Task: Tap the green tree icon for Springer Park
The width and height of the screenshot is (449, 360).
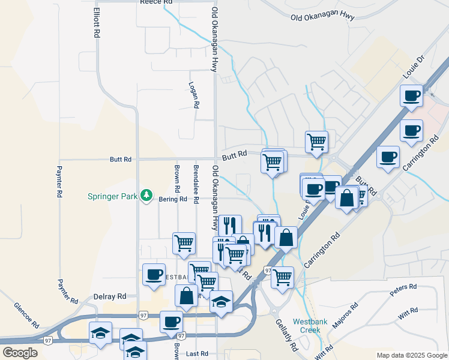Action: tap(145, 196)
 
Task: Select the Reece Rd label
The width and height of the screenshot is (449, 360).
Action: tap(156, 2)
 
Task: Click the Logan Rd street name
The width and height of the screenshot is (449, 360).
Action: tap(193, 95)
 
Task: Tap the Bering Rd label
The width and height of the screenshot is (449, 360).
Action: tap(168, 199)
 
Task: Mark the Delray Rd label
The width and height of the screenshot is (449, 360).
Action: tap(110, 296)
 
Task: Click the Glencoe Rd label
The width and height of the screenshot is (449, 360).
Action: tap(27, 315)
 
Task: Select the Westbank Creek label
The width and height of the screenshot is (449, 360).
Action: tap(310, 326)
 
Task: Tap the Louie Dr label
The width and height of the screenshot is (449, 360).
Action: tap(414, 67)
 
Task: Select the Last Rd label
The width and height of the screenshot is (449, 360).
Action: tap(196, 354)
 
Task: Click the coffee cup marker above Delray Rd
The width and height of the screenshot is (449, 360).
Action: tap(154, 275)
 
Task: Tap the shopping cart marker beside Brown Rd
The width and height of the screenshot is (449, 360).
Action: tap(184, 243)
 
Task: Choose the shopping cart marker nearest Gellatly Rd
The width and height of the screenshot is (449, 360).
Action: tap(282, 277)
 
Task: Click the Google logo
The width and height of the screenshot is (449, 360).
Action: tap(20, 353)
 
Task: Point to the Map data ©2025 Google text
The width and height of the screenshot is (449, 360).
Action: tap(412, 355)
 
